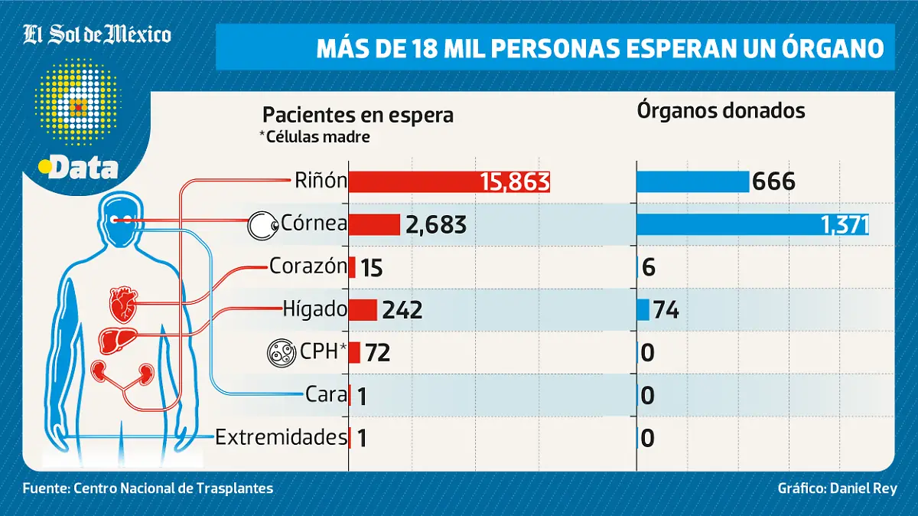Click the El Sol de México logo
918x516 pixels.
pos(97,34)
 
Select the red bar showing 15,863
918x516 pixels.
pos(449,181)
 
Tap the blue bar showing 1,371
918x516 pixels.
pos(753,224)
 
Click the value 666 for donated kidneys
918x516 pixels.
pos(774,182)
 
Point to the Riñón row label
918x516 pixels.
pos(321,181)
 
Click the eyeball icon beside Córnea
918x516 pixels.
pos(259,225)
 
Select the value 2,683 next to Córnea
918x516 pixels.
pos(436,225)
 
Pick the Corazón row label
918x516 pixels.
pos(308,266)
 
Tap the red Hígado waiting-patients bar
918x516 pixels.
pos(363,309)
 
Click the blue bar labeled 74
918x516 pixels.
pos(643,310)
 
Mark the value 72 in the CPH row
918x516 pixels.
pos(378,353)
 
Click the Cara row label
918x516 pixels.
pos(326,395)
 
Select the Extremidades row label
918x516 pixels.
pos(281,438)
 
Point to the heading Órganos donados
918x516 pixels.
pos(721,111)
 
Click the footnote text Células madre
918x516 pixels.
pos(314,137)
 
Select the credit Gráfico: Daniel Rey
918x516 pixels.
pos(837,488)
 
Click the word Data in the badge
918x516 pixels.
pos(83,167)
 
